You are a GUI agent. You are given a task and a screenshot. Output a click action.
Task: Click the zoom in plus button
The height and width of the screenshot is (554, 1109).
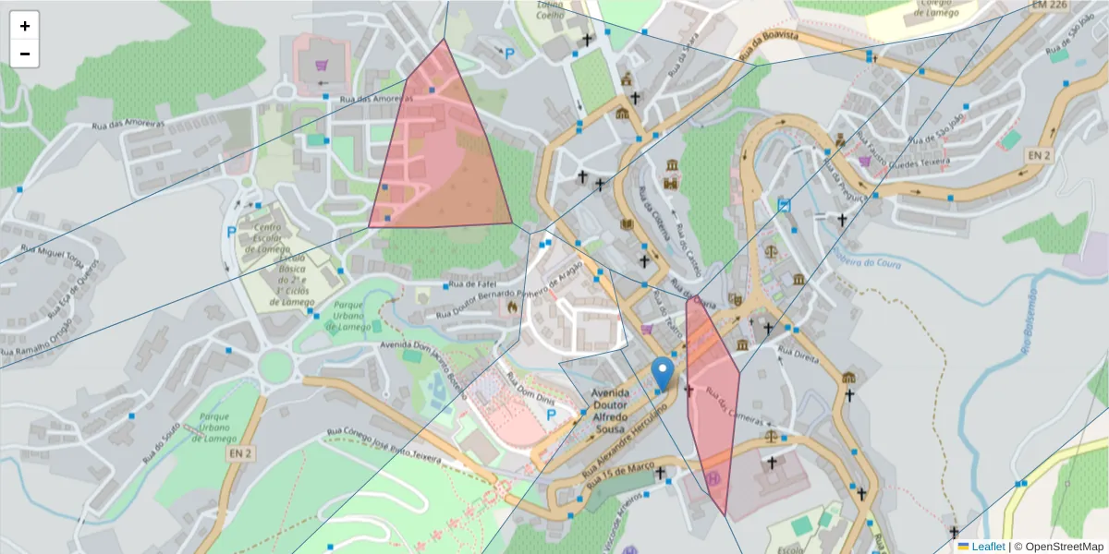(25, 26)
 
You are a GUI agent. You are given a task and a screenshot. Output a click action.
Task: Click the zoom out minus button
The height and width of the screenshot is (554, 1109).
(25, 54)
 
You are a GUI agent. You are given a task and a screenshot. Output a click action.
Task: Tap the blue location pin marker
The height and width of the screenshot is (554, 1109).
(663, 374)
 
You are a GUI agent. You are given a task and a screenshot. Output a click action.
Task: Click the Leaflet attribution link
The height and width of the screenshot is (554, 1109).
(987, 547)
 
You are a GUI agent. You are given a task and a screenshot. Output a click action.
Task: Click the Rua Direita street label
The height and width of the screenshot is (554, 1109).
(798, 355)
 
